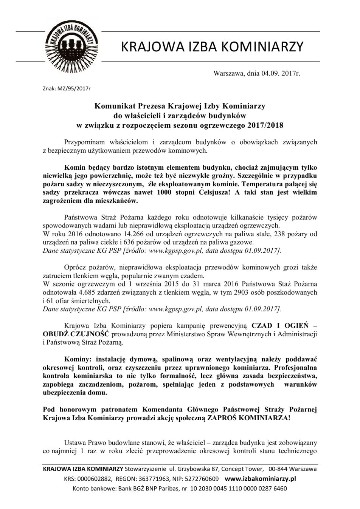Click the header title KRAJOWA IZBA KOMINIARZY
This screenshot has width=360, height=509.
212,46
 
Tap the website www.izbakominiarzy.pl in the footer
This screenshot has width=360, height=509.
260,478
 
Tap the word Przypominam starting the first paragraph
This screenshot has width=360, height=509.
80,142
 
